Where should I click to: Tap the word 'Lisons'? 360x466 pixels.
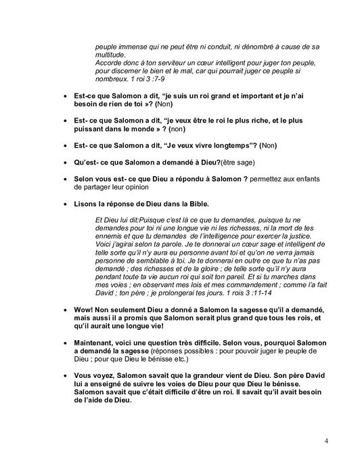coord(87,204)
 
